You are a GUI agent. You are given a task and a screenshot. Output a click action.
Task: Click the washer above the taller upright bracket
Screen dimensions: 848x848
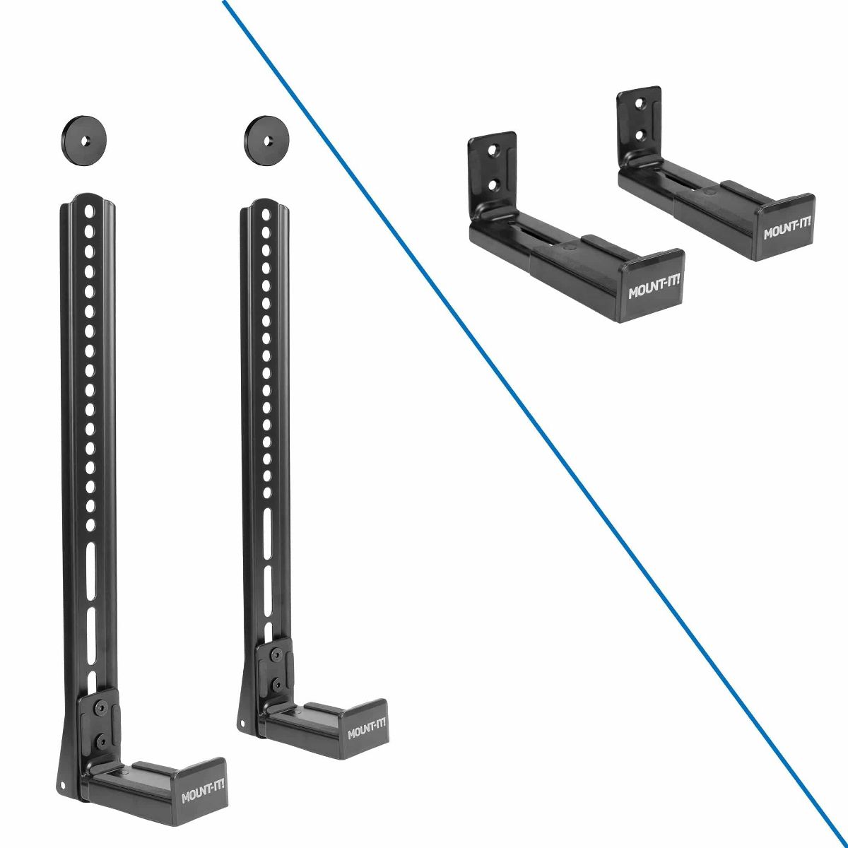coord(83,140)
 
